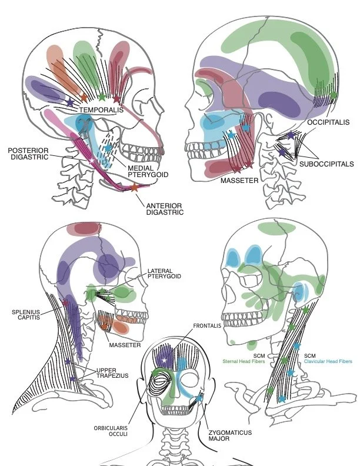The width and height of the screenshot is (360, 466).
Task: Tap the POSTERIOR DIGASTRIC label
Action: [28, 154]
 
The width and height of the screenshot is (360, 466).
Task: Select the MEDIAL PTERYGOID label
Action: [144, 171]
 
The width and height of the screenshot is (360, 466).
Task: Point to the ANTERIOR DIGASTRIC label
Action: [164, 209]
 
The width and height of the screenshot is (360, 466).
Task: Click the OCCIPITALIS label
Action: [328, 122]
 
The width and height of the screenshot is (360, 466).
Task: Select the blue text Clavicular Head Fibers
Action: [329, 362]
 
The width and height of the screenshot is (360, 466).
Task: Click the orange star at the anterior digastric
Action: [134, 188]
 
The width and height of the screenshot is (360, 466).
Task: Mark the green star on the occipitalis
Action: [334, 95]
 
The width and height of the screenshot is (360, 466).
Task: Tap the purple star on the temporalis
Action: [70, 102]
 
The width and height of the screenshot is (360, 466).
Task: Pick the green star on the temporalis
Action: [102, 97]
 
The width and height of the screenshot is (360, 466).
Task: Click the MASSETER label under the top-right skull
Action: [239, 181]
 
